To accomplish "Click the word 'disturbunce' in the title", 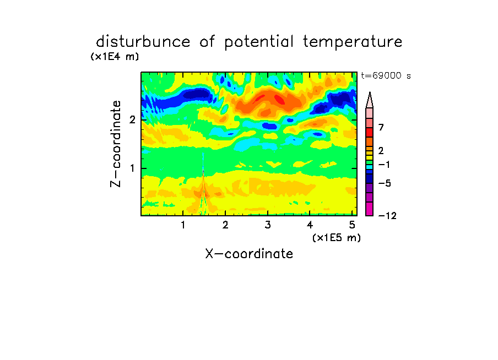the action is coord(143,41).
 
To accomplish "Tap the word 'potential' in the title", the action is coord(259,42).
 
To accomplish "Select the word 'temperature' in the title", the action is coord(353,42).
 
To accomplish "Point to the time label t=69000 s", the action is coord(386,75).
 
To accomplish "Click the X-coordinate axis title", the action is coord(250,254).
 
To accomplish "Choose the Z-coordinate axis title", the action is coord(116,144).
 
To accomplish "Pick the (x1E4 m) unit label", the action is coord(115,57).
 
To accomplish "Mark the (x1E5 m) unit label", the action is coord(337,237).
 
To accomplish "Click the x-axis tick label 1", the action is coord(183,225).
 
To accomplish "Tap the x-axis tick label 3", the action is coord(268,225).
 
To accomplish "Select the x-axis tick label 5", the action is coord(352,225).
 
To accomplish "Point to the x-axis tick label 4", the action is coord(310,225).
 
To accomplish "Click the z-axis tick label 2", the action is coord(132,119).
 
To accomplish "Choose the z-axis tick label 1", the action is coord(132,168).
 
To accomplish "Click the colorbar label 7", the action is coord(381,127).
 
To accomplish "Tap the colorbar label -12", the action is coord(387,216).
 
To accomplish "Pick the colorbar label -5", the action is coord(385,183).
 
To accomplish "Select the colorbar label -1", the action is coord(384,165).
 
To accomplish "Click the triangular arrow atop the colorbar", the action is coord(370,100).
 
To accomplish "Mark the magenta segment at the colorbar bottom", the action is coord(370,209).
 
